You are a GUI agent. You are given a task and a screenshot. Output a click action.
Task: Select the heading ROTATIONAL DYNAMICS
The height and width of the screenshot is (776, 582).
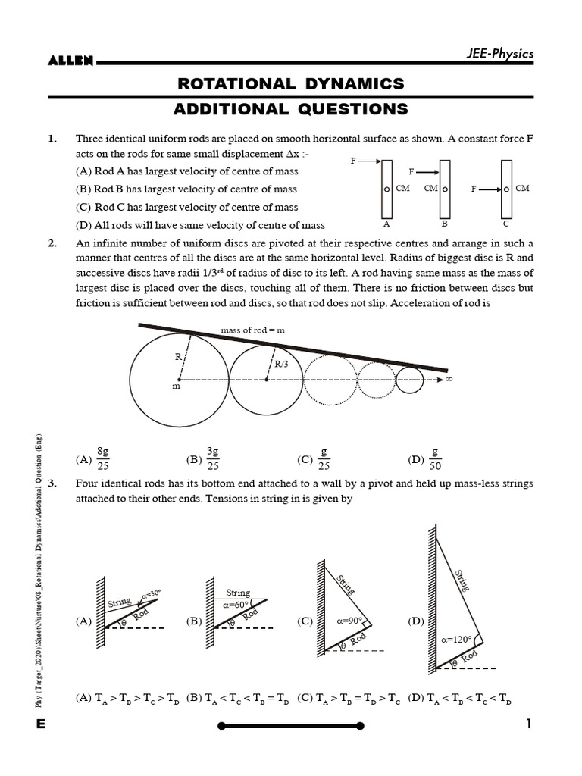290,83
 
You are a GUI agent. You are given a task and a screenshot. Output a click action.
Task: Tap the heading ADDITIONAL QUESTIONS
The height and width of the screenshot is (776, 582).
290,109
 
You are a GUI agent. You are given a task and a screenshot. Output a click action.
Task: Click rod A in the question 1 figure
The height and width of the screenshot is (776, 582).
386,189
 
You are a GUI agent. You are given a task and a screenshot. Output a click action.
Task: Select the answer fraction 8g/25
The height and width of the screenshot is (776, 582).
104,458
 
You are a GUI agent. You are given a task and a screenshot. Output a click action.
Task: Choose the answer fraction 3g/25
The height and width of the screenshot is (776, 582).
213,458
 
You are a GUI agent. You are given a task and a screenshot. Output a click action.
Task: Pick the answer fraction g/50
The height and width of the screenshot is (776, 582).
435,458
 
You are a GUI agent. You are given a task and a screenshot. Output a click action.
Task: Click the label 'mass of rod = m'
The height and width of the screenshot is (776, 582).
252,330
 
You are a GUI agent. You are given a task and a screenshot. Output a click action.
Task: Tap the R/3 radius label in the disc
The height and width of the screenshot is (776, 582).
281,365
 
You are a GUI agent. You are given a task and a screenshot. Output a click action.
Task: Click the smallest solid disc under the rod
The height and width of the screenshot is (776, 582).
410,380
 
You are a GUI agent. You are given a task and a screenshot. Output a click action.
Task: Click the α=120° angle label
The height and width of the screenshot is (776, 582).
456,639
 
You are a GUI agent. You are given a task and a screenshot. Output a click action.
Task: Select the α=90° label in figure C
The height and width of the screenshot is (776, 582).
351,620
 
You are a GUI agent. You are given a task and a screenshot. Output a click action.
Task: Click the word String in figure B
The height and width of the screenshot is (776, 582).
238,593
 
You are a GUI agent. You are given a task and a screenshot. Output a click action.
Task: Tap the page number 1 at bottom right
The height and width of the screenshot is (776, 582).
529,724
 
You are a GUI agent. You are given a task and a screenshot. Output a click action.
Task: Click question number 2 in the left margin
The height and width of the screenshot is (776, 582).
52,244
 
